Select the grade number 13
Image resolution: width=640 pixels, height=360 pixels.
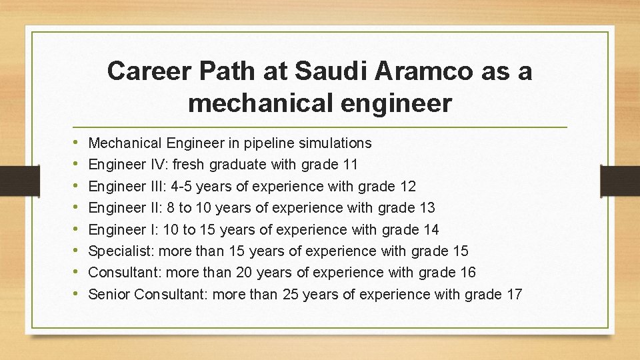pyautogui.click(x=427, y=207)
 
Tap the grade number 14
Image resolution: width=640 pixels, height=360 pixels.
pyautogui.click(x=431, y=229)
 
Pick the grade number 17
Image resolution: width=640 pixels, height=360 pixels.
pyautogui.click(x=514, y=294)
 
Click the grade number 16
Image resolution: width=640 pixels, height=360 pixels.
pyautogui.click(x=467, y=273)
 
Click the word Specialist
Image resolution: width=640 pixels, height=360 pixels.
pyautogui.click(x=120, y=251)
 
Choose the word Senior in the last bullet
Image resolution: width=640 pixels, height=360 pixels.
pyautogui.click(x=109, y=294)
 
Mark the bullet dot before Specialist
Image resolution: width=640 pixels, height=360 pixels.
pyautogui.click(x=78, y=251)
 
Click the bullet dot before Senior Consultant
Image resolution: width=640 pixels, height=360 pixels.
pyautogui.click(x=78, y=294)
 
